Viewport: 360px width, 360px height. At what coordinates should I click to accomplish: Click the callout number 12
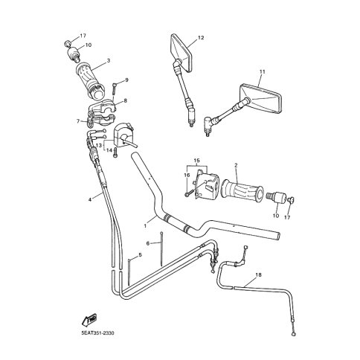(201, 38)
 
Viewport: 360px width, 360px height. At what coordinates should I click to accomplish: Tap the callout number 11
(263, 72)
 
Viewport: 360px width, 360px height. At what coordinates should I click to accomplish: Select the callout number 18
(258, 275)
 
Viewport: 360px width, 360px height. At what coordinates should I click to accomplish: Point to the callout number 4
(90, 199)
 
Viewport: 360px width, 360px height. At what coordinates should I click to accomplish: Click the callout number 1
(145, 225)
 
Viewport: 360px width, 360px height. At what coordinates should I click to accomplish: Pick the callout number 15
(196, 161)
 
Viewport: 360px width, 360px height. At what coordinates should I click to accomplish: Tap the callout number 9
(126, 80)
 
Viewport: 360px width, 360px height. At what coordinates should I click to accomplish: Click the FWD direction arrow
(89, 321)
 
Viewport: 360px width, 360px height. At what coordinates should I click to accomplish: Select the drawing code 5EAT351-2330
(98, 332)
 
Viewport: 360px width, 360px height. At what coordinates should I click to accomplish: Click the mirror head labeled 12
(181, 51)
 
